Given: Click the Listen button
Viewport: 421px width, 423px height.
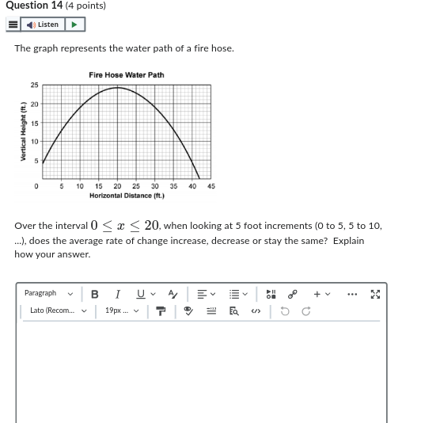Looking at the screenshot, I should (x=44, y=25).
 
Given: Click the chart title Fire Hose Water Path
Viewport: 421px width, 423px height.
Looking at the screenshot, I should (x=127, y=75).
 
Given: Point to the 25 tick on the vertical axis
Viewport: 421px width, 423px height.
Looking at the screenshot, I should (x=34, y=86).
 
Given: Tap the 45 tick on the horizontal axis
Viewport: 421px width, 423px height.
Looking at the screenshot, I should (x=211, y=187).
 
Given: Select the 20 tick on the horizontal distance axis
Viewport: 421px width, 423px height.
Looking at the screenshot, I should (x=117, y=187).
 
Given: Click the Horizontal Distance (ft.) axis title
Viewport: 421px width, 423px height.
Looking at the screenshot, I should (x=127, y=196).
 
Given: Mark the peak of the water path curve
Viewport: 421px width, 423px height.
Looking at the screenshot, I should (x=117, y=87).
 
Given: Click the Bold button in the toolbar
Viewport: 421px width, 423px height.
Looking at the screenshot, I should (x=95, y=294).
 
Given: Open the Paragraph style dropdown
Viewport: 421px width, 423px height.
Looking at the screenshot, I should (x=48, y=294).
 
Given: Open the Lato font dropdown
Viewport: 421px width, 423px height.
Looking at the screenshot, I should (x=55, y=311).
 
